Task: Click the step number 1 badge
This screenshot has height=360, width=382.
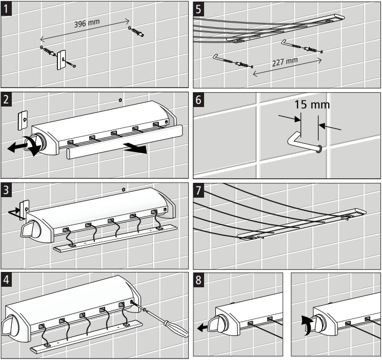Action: (x=6, y=9)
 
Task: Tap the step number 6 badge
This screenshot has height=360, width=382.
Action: (x=198, y=100)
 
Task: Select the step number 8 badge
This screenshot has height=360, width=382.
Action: (x=198, y=280)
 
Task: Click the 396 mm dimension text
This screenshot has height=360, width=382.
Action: (x=87, y=24)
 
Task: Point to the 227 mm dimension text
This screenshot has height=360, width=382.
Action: (x=285, y=62)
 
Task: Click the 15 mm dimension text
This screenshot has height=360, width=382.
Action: (x=312, y=104)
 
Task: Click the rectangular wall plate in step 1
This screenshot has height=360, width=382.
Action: (x=61, y=60)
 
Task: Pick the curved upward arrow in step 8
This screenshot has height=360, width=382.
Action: (x=307, y=326)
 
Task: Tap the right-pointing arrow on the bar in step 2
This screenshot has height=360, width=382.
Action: (x=135, y=148)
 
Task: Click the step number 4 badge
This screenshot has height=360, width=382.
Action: (x=6, y=279)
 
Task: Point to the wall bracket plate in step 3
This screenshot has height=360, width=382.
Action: (x=25, y=209)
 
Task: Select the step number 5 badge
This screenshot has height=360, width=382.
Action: (x=198, y=9)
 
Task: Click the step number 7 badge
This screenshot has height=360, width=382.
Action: (x=198, y=190)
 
